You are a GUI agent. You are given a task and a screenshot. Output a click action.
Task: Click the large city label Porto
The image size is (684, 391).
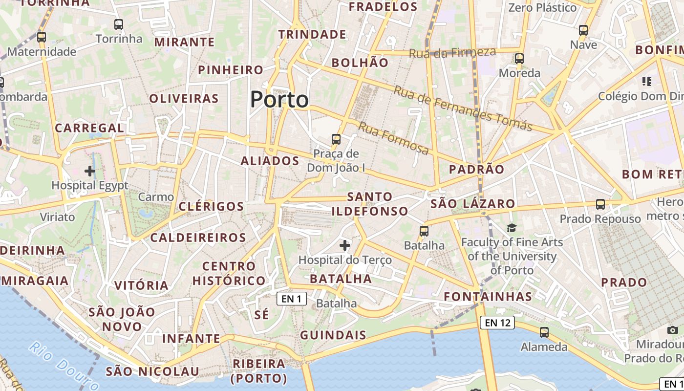(279, 100)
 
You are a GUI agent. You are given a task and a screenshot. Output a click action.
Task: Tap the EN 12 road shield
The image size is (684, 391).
(497, 323)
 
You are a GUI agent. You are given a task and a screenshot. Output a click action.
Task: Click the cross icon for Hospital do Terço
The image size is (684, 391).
(345, 245)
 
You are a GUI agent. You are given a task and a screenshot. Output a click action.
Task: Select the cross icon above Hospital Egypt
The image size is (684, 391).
(89, 171)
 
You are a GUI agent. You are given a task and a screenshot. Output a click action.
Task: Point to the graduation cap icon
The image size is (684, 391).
(512, 228)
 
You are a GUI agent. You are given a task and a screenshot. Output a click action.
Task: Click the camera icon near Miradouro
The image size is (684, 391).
(673, 330)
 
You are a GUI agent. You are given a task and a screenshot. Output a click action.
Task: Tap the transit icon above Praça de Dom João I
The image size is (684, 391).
(336, 139)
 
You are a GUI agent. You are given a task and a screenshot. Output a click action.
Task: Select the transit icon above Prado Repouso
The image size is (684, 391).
(600, 204)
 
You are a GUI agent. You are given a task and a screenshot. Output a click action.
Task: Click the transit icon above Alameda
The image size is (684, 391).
(544, 332)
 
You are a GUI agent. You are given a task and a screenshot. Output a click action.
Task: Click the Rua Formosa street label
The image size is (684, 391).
(394, 138)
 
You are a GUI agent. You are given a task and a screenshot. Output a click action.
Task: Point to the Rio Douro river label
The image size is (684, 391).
(58, 363)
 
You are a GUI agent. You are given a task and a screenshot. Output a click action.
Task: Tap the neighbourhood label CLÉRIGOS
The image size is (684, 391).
(211, 206)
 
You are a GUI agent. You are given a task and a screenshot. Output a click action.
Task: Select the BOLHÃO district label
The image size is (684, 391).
(360, 63)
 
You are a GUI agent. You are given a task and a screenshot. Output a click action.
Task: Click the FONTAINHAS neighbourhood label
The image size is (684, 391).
(488, 297)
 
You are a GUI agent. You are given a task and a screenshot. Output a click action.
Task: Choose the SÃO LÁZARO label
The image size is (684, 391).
(473, 204)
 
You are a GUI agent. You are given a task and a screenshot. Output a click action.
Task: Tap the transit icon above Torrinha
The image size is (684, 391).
(119, 24)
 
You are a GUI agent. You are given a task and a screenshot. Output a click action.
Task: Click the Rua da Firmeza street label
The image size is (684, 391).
(452, 53)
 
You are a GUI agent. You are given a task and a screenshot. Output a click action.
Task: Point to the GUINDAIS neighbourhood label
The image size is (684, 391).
(333, 335)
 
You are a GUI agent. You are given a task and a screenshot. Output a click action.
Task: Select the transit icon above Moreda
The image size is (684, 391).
(519, 59)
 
